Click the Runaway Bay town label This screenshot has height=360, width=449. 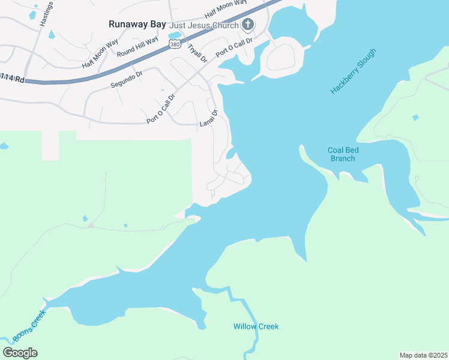[x=137, y=25]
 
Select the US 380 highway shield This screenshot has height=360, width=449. [x=174, y=44]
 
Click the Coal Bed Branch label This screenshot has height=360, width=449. [x=342, y=154]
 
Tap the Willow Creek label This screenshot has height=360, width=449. [x=256, y=326]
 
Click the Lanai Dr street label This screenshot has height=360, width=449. [x=208, y=118]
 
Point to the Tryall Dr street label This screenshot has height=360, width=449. [x=197, y=53]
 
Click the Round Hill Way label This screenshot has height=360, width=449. [x=137, y=47]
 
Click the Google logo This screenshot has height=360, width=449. [x=20, y=352]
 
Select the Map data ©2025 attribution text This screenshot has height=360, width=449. [x=423, y=355]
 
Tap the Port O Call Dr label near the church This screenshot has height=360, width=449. [x=234, y=47]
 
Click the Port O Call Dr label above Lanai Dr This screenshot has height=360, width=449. [x=161, y=109]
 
